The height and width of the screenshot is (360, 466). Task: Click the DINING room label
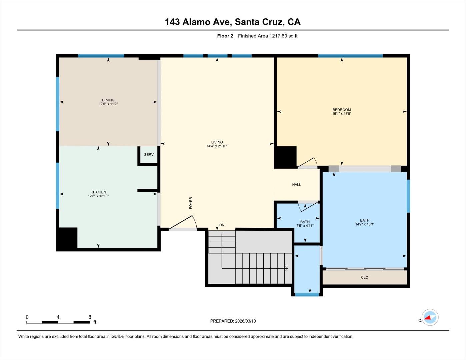108,100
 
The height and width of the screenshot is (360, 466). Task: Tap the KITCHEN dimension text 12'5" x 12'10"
98,196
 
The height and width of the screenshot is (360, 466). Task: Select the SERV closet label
149,155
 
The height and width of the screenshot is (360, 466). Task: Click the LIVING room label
217,142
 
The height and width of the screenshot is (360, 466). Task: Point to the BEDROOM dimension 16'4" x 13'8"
342,114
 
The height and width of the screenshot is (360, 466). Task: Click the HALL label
296,185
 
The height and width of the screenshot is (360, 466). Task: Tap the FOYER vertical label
191,203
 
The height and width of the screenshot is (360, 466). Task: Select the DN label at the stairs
222,225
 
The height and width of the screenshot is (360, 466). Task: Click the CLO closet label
364,277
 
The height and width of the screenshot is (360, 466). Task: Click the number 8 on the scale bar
90,317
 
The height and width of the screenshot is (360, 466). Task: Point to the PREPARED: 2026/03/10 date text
233,321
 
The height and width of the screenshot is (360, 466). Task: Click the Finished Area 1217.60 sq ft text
267,36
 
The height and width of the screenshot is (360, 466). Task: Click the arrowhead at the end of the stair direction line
286,268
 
